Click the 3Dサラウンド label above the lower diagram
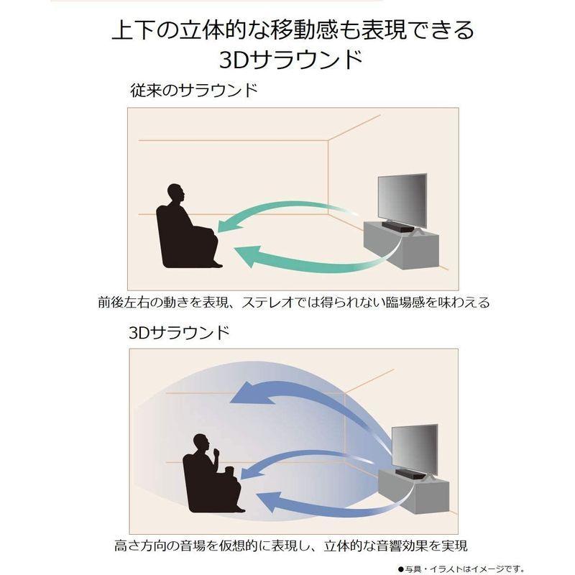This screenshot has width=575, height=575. (180, 333)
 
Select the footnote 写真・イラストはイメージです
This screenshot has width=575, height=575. (481, 566)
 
